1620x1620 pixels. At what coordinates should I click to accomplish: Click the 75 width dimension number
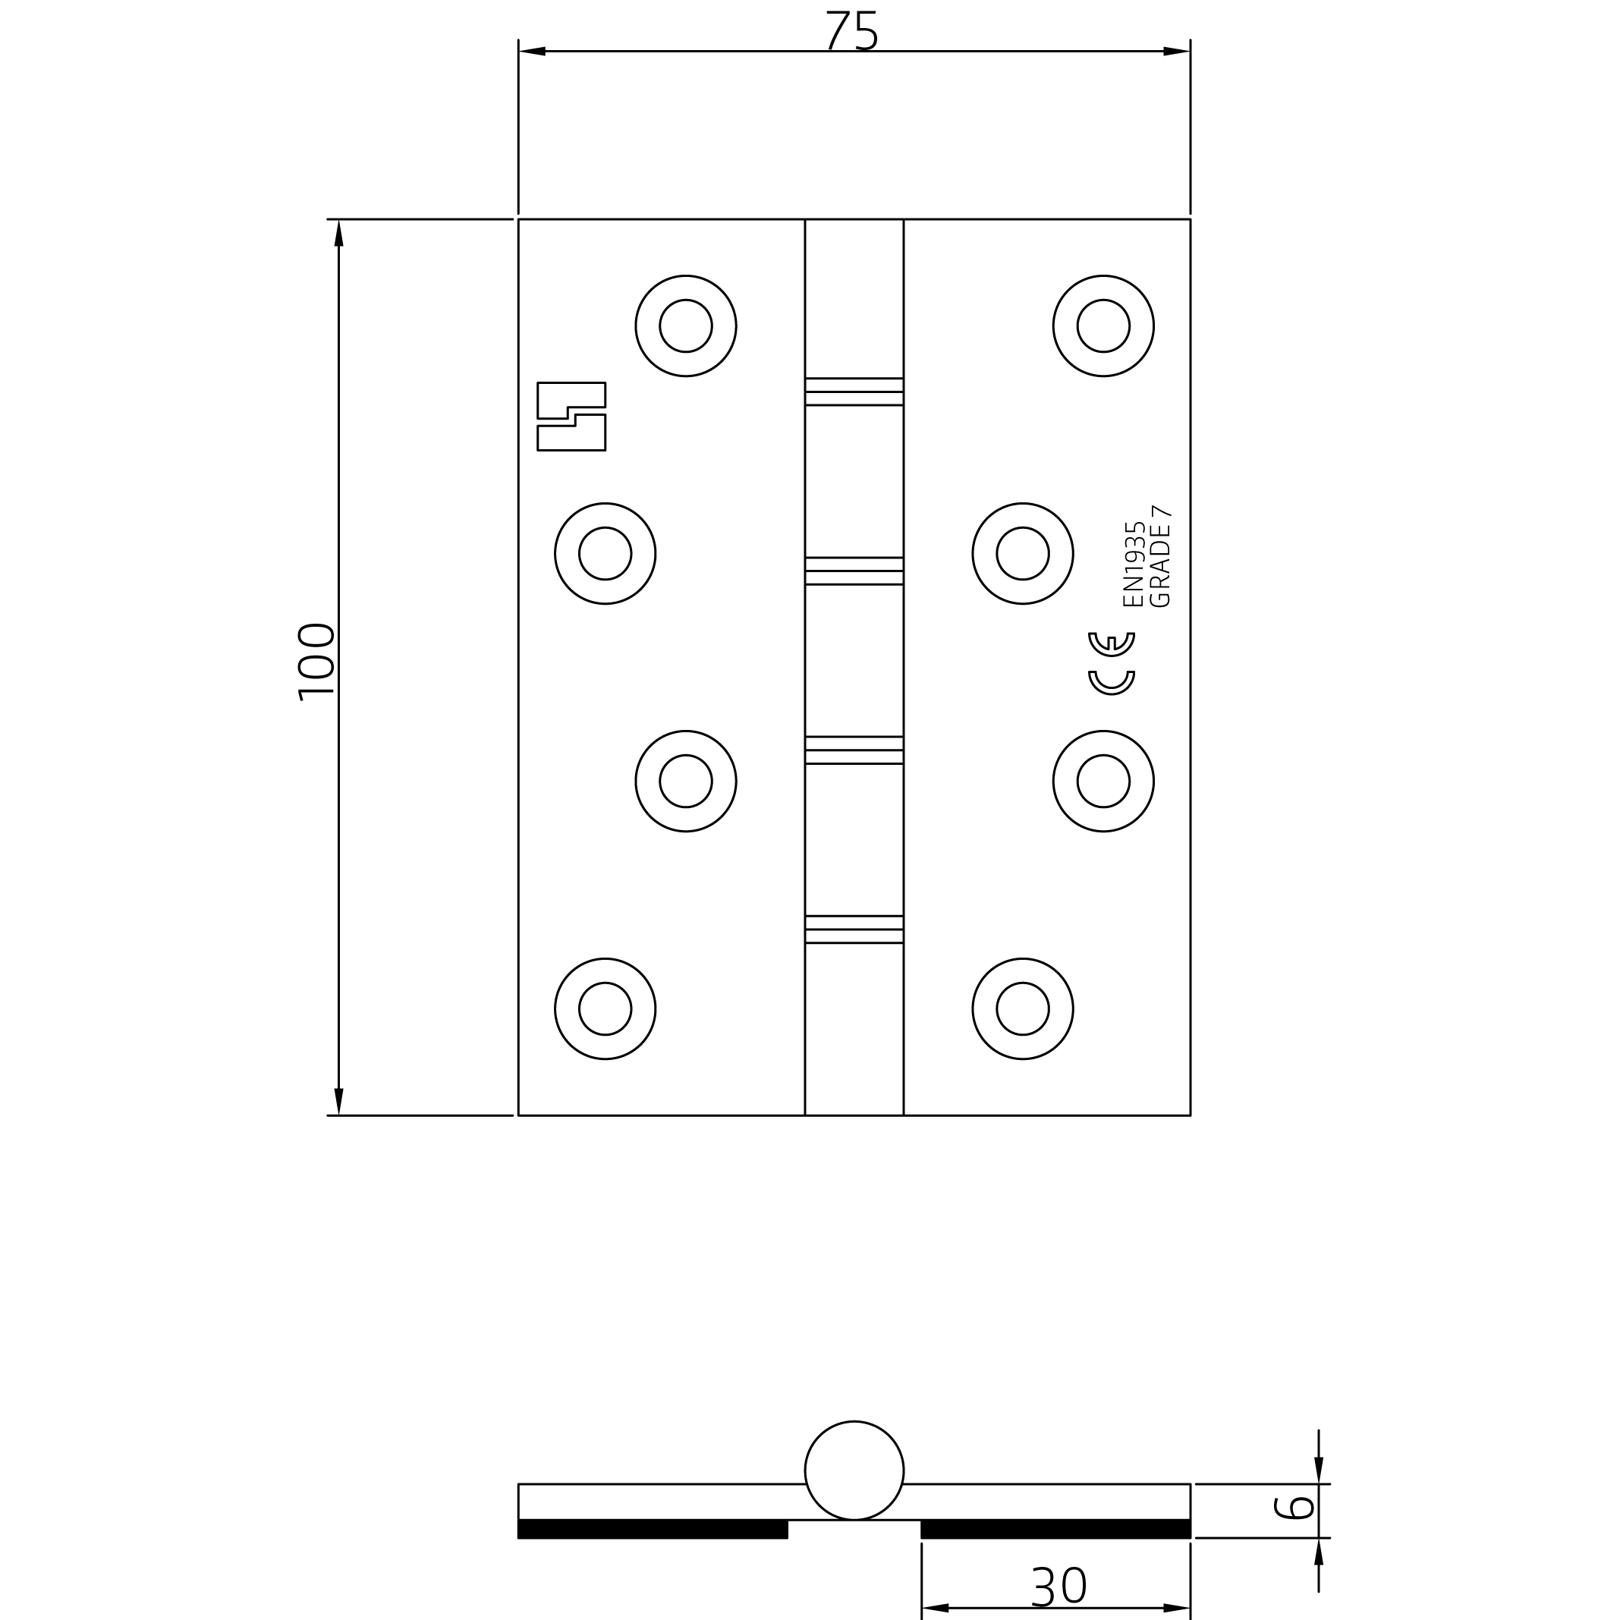[852, 31]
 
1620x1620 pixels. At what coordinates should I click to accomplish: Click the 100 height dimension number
[316, 662]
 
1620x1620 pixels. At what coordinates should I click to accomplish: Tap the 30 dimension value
[1059, 1587]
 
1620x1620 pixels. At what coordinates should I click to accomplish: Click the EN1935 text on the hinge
[1134, 564]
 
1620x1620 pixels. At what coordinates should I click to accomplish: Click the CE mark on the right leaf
[1112, 663]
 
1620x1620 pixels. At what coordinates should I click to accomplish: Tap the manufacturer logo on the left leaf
[571, 416]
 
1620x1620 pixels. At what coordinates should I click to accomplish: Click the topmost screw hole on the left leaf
[686, 326]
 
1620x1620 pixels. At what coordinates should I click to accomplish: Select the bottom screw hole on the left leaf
[605, 1008]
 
